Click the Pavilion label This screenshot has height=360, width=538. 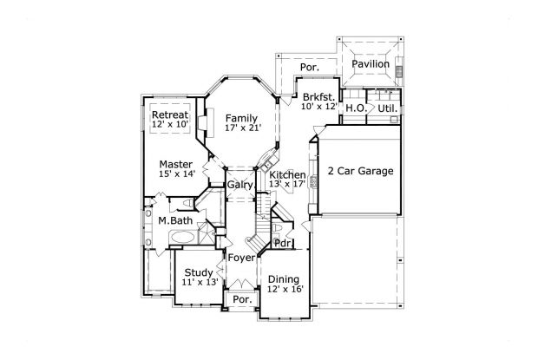pos(371,63)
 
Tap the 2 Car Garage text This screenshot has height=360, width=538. pos(360,171)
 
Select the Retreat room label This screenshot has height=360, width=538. pos(170,115)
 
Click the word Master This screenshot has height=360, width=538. pos(175,163)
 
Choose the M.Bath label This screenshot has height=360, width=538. pos(174,221)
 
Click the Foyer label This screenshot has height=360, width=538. pos(240,258)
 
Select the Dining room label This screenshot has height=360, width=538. pos(285,278)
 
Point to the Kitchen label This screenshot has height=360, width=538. pos(286,174)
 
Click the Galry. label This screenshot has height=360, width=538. pos(240,185)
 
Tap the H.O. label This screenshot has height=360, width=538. pos(355,108)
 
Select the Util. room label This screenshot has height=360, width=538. pos(386,108)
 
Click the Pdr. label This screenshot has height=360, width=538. pos(282,243)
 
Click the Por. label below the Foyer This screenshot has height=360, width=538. pos(242,299)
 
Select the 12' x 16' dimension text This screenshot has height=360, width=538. pos(285,289)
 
